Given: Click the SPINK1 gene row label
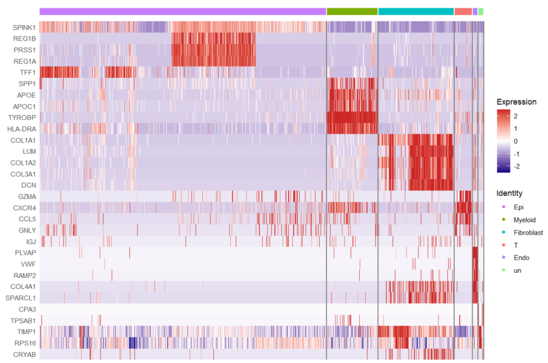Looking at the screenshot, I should [24, 27].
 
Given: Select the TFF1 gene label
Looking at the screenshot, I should [27, 73].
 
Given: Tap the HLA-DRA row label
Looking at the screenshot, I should [22, 129].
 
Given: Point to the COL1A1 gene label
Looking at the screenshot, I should [23, 140].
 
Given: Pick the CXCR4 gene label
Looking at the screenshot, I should [25, 208].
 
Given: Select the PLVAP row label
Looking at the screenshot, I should [26, 253].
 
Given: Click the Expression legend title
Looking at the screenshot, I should [516, 102].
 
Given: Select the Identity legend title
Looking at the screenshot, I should [509, 193].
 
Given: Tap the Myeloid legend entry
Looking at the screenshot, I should [524, 220].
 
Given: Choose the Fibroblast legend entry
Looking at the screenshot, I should [528, 233].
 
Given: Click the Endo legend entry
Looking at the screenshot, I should [521, 258].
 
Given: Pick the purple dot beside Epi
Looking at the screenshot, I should [503, 207].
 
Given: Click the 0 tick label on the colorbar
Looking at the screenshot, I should [516, 141].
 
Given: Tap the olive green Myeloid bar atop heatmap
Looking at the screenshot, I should [352, 11].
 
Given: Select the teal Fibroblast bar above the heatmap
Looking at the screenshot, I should [416, 11].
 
